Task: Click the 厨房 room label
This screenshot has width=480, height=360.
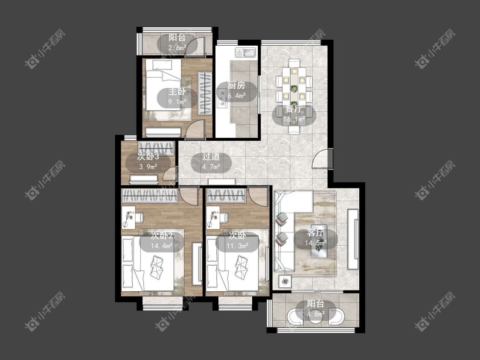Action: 236,86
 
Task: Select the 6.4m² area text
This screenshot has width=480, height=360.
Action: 236,96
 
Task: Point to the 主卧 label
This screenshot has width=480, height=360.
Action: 177,92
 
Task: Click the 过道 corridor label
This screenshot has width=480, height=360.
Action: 211,157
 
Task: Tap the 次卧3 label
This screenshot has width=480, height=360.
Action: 148,157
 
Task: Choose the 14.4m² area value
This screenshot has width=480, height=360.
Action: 162,246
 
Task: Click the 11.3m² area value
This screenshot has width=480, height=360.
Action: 238,246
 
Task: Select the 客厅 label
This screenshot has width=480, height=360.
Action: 315,233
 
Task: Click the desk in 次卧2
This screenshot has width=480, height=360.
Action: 129,218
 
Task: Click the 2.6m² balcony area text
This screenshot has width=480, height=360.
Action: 177,48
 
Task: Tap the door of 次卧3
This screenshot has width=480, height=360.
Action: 169,173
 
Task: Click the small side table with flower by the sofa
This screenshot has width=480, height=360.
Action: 285,282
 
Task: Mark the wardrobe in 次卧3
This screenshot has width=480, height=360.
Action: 156,148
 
